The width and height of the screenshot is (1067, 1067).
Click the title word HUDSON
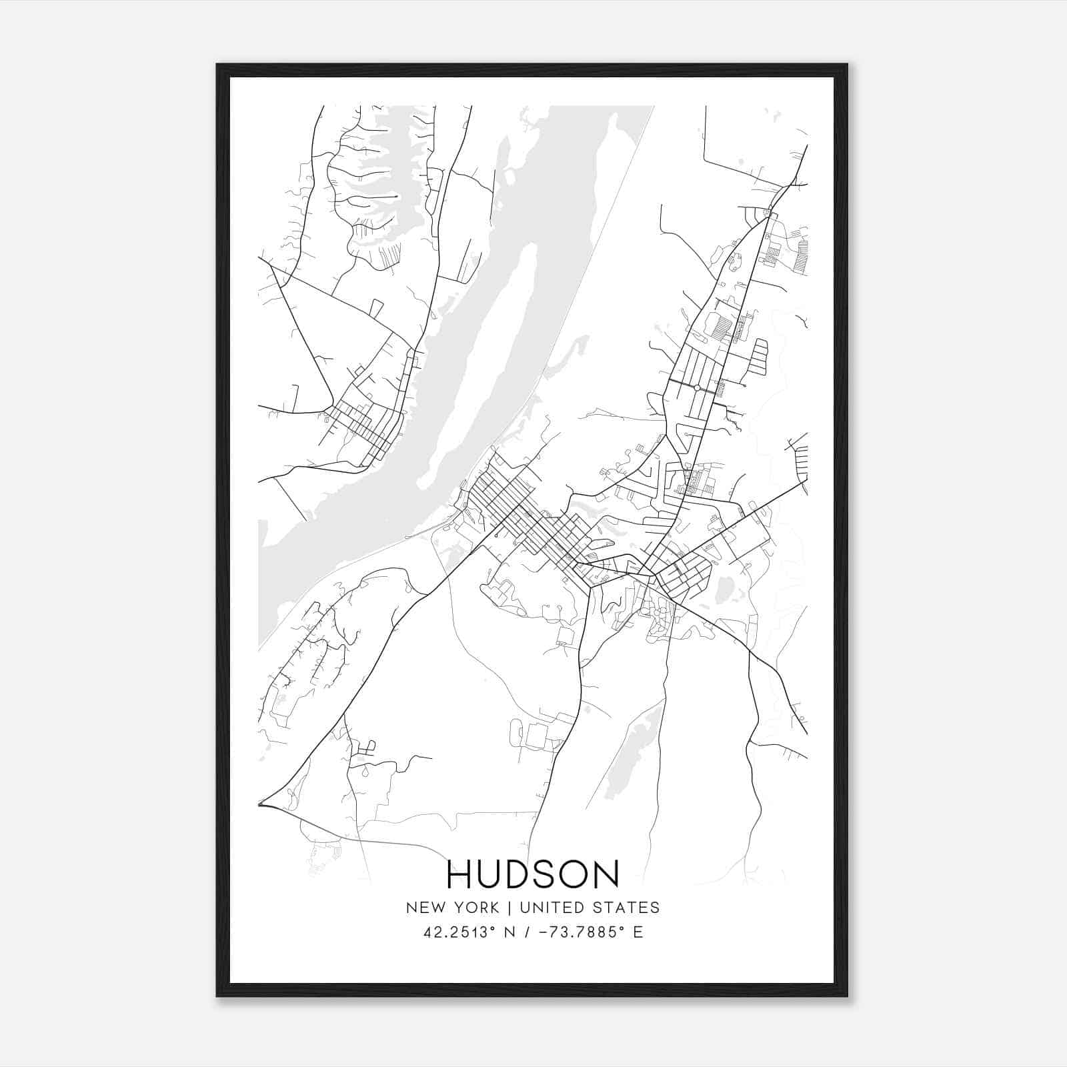(533, 874)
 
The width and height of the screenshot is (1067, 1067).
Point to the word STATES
(626, 908)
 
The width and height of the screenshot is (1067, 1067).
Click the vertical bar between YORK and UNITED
(509, 908)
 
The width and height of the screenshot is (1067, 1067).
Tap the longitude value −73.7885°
(577, 932)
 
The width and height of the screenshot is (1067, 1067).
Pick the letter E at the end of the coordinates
(638, 932)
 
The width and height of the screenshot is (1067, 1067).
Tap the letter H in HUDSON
(459, 874)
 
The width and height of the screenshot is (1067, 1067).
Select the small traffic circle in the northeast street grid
(696, 387)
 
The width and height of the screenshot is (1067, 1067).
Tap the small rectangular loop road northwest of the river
(376, 307)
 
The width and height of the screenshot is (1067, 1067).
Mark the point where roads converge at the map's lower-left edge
(261, 805)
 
